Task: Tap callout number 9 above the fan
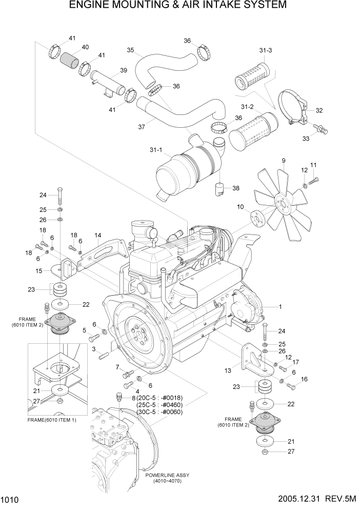coord(283,161)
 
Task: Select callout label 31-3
coord(265,50)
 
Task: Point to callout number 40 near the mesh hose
coord(85,47)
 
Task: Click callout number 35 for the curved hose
coord(131,50)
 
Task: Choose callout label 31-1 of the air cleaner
coord(155,150)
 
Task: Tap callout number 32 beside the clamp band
coord(319,110)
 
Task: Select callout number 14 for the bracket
coord(97,236)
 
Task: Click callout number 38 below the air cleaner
coord(235,188)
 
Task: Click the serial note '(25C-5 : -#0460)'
coord(159,405)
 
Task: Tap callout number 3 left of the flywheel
coord(94,348)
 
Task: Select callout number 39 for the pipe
coord(123,70)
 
